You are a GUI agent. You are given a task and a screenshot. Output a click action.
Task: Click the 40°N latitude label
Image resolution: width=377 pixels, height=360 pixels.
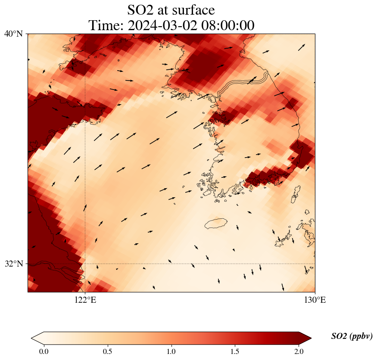point(13,34)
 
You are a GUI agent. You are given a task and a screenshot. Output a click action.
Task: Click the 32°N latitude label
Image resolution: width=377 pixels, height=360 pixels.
point(13,264)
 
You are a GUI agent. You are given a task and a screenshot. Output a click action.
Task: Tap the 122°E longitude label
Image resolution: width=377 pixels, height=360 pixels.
point(85,300)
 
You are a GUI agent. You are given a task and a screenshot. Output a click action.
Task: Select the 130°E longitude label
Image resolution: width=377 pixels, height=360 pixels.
point(315,300)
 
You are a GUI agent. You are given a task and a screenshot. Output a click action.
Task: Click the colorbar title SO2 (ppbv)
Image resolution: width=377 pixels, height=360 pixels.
point(352,336)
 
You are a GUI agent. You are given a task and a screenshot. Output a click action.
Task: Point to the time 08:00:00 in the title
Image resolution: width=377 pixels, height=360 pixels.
point(226,25)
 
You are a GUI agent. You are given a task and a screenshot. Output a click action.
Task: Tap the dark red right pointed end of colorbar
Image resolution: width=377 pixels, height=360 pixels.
point(305,338)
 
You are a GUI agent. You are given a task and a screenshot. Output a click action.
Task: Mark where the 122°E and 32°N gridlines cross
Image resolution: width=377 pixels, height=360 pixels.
point(85,264)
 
